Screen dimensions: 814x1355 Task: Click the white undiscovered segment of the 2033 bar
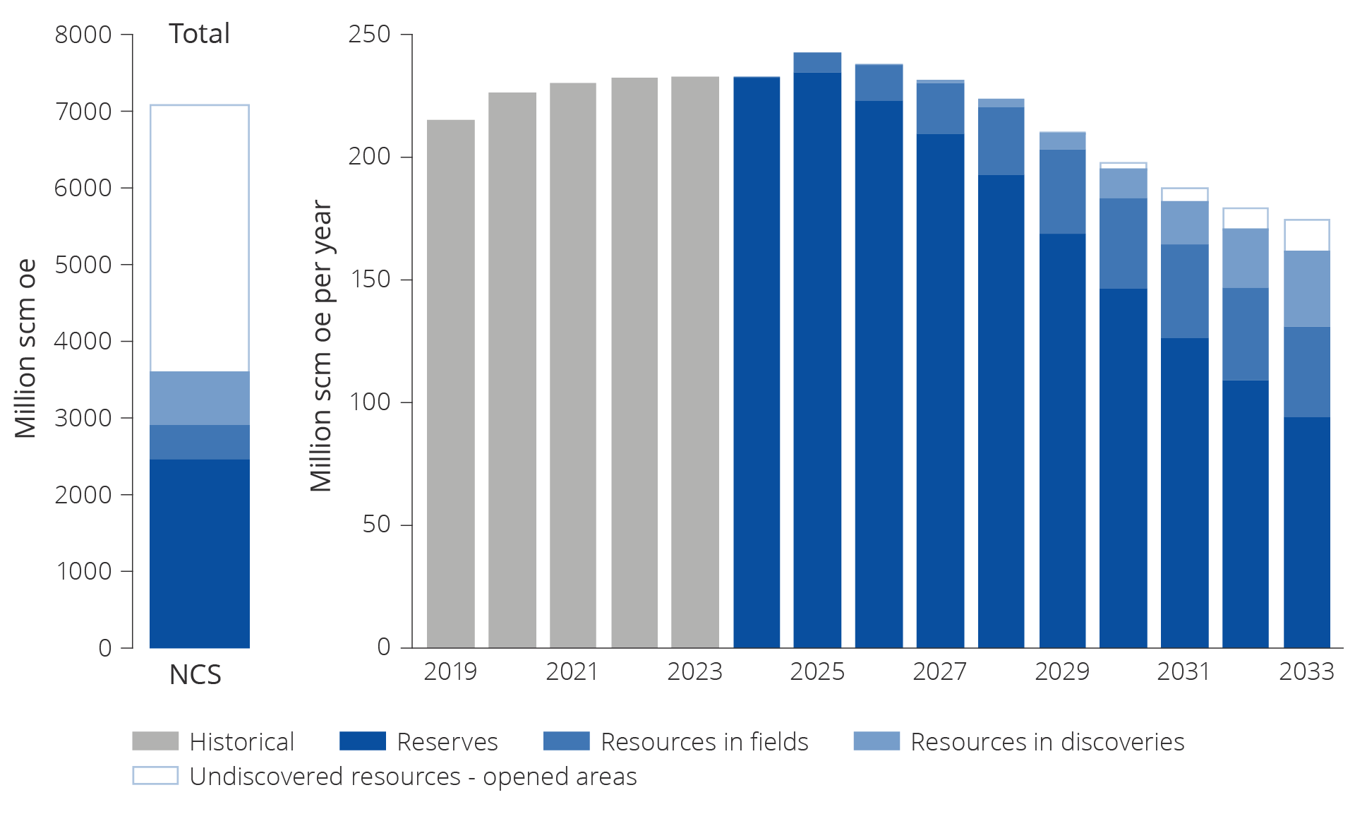(x=1306, y=236)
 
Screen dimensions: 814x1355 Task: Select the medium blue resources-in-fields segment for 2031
(x=1184, y=291)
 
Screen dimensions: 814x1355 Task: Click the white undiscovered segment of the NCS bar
(x=200, y=238)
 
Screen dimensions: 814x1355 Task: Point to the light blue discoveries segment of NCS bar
(x=200, y=397)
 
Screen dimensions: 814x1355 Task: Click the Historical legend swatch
(x=155, y=741)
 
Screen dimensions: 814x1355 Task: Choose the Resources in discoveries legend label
(x=1047, y=742)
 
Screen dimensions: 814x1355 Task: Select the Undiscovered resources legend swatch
(x=155, y=775)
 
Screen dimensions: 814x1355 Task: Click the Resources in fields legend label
(x=704, y=742)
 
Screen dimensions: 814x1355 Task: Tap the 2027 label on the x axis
(x=939, y=671)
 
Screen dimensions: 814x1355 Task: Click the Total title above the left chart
(x=199, y=34)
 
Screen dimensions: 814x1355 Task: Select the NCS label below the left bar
(x=195, y=675)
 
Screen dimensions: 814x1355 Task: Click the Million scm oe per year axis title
(x=321, y=346)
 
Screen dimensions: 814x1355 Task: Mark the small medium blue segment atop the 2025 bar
(x=817, y=62)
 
